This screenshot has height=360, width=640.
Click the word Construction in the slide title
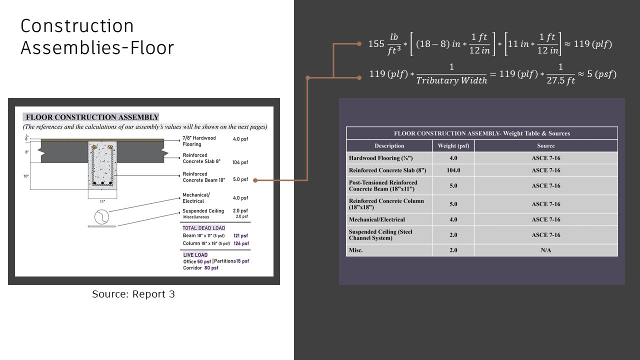click(x=77, y=26)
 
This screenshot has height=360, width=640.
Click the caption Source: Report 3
click(x=133, y=294)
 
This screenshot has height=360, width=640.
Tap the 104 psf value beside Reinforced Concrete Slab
click(x=240, y=162)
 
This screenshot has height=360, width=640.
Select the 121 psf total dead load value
click(x=240, y=235)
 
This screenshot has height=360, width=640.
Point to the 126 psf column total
click(x=240, y=243)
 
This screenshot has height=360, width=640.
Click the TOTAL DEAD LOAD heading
click(x=204, y=228)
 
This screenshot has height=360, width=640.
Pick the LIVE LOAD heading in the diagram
click(x=195, y=255)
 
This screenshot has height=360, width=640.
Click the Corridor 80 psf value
click(x=211, y=268)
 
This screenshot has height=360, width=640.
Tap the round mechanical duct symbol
click(x=101, y=217)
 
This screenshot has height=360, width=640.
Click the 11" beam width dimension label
click(x=102, y=201)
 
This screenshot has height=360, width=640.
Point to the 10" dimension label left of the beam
click(x=26, y=176)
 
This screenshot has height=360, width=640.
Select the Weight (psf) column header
click(x=453, y=146)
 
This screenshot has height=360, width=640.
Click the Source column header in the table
click(x=546, y=146)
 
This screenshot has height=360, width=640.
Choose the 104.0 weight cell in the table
click(x=453, y=170)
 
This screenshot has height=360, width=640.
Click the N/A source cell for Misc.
click(x=546, y=250)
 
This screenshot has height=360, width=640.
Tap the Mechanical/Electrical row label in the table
click(x=377, y=219)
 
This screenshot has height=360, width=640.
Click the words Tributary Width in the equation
click(x=451, y=81)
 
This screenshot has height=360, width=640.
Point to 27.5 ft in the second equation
click(x=561, y=80)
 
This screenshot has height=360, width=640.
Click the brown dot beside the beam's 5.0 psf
click(x=255, y=180)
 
